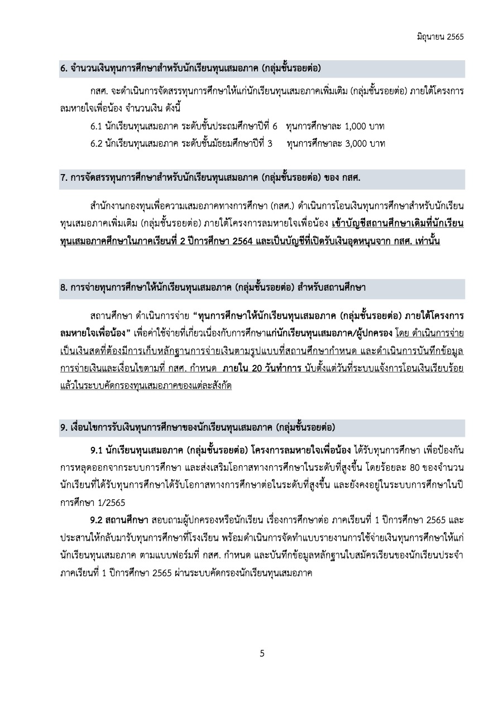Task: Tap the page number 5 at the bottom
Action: pos(262,654)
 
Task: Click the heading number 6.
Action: pos(63,69)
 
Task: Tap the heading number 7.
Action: pos(63,178)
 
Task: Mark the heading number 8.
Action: pos(63,288)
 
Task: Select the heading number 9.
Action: pos(63,428)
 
